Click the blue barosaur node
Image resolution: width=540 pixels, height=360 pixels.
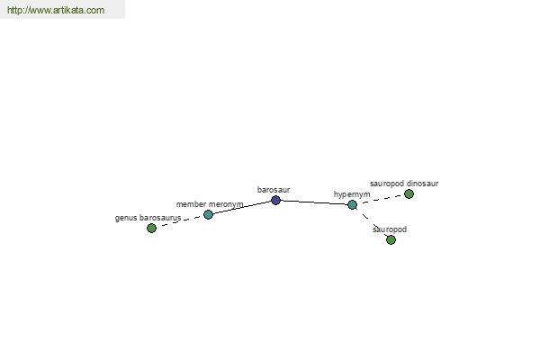276,200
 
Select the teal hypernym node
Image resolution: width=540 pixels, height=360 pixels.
352,205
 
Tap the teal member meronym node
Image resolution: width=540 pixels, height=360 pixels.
209,214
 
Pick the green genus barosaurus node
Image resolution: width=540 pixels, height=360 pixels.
151,228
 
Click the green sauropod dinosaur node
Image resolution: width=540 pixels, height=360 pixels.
409,194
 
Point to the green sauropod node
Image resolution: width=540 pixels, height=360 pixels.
391,239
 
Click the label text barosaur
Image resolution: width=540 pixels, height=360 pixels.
274,190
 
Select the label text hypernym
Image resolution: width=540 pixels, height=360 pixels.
352,194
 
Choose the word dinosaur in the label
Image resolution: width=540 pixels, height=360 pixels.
422,184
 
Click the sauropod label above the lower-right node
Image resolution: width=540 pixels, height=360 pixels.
390,229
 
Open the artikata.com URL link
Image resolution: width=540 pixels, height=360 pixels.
56,10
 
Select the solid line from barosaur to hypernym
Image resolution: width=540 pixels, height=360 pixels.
314,202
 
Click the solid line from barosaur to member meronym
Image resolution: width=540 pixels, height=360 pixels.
242,207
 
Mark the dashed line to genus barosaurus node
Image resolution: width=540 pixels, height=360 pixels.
180,221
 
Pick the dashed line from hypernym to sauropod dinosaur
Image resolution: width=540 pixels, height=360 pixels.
381,200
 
